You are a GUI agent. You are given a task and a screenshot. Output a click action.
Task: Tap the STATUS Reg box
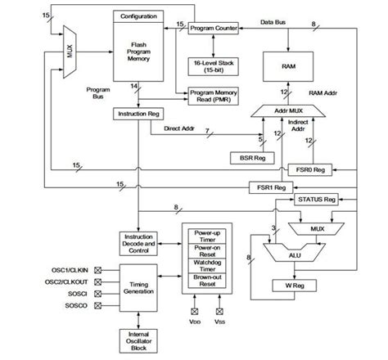(x=318, y=199)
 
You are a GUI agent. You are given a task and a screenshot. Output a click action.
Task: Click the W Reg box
(x=293, y=286)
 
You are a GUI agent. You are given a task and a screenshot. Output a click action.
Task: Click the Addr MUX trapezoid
(x=285, y=109)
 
